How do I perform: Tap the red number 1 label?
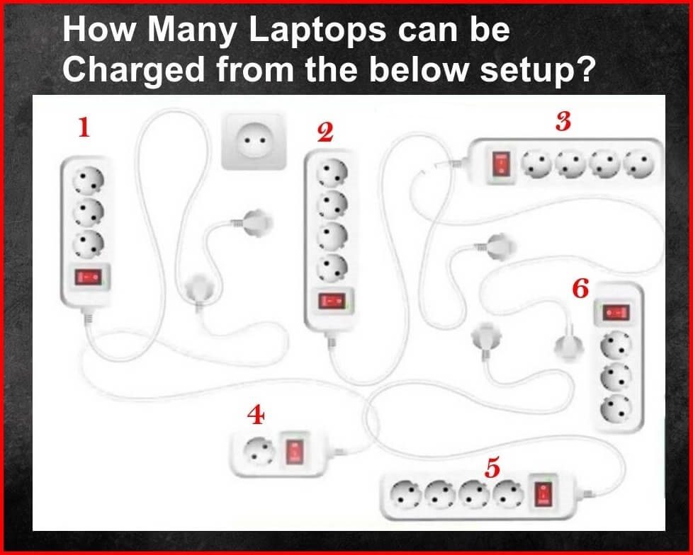[x=84, y=127]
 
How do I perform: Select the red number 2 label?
[x=325, y=133]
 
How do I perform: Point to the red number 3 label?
[x=563, y=122]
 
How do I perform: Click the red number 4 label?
[x=256, y=415]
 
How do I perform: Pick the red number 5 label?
[x=492, y=467]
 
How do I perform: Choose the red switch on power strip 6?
[x=616, y=313]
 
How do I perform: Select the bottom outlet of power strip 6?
[x=615, y=408]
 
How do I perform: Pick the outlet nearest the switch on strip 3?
[x=536, y=164]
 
